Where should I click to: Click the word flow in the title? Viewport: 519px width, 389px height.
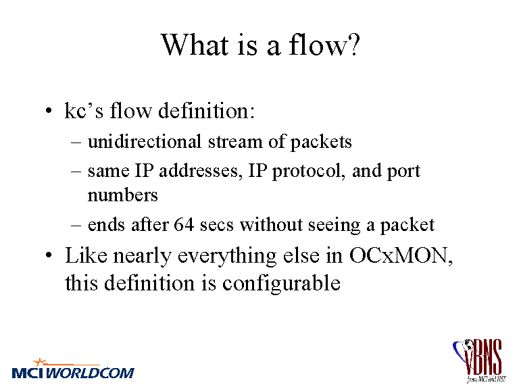tap(318, 45)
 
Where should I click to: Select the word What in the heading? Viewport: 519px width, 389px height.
tap(195, 45)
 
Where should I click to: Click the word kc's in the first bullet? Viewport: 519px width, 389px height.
tap(84, 110)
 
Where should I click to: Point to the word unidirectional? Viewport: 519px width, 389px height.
tap(145, 141)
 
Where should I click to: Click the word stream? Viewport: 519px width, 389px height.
tap(235, 142)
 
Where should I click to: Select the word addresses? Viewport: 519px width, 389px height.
tap(199, 171)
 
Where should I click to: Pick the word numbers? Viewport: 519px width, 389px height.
tap(122, 194)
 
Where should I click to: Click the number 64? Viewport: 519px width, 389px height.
tap(184, 225)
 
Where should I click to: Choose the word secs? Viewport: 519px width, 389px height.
tap(216, 226)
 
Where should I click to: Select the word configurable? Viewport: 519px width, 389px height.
tap(281, 284)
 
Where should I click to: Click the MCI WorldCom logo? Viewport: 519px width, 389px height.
tap(73, 369)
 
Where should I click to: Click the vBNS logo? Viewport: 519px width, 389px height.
tap(479, 361)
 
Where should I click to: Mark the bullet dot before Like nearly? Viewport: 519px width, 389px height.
tap(49, 255)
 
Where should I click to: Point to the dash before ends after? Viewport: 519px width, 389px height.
tap(76, 226)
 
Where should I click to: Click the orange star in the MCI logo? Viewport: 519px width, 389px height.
tap(40, 361)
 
